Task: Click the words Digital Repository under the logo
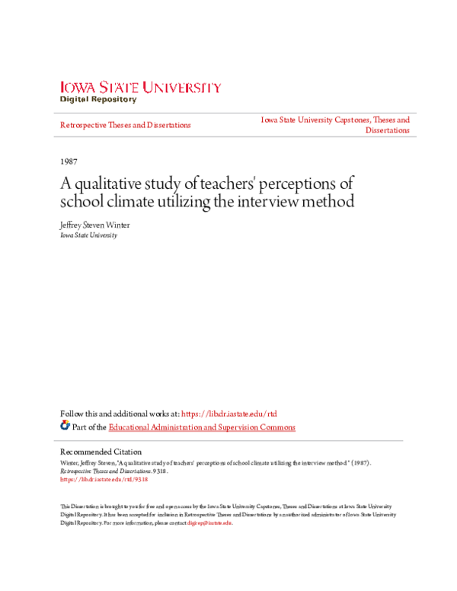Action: tap(99, 99)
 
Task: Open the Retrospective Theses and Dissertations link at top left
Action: tap(125, 125)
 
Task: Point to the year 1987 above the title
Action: tap(67, 162)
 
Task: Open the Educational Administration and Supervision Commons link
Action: tap(202, 427)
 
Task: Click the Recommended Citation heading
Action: tap(101, 452)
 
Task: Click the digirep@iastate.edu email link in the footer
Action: tap(209, 523)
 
